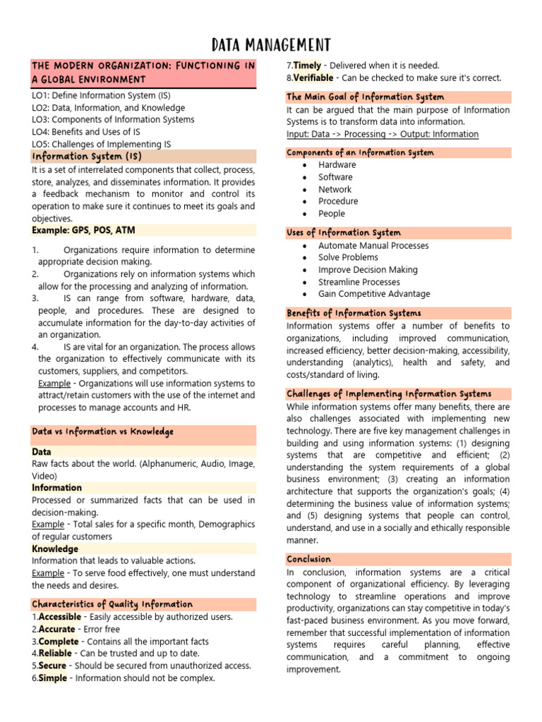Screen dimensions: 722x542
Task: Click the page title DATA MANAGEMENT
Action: point(271,45)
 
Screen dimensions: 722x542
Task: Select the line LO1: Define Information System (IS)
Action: point(101,96)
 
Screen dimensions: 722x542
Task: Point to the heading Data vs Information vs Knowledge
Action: point(103,432)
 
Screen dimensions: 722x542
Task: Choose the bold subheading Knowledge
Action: point(55,549)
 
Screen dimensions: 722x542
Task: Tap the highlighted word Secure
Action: point(53,666)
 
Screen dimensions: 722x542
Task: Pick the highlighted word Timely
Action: point(308,66)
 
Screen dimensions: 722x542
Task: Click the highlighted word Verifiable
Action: point(314,78)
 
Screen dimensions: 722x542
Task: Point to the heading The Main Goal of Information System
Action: point(366,97)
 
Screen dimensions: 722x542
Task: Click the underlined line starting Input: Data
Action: point(382,134)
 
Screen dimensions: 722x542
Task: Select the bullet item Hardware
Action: point(337,165)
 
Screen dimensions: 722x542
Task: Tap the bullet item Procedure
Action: point(338,201)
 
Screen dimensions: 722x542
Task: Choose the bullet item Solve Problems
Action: point(348,257)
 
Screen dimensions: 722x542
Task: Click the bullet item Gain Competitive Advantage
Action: point(374,294)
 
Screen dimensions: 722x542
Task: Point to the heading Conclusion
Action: point(309,559)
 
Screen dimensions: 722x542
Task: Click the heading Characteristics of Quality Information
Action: point(112,604)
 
